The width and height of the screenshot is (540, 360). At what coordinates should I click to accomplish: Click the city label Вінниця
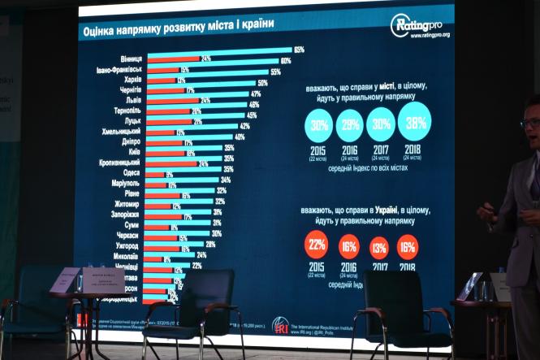click(132, 59)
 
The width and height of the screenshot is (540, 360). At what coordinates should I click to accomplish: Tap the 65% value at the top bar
click(298, 50)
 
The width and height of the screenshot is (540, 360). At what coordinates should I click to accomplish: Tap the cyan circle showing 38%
click(414, 122)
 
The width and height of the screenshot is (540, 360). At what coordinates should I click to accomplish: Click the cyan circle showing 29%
click(349, 125)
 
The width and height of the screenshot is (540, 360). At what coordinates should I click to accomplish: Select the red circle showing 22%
click(316, 244)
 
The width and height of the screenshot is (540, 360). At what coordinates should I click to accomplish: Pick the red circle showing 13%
click(379, 245)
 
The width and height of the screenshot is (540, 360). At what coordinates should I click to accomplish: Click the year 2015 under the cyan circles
click(318, 150)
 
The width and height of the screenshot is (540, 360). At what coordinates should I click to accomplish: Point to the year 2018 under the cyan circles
click(413, 150)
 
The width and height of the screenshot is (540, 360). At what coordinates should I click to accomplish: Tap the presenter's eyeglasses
click(529, 124)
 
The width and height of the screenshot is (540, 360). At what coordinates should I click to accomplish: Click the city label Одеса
click(132, 173)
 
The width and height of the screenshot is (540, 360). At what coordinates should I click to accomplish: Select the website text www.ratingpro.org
click(430, 35)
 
